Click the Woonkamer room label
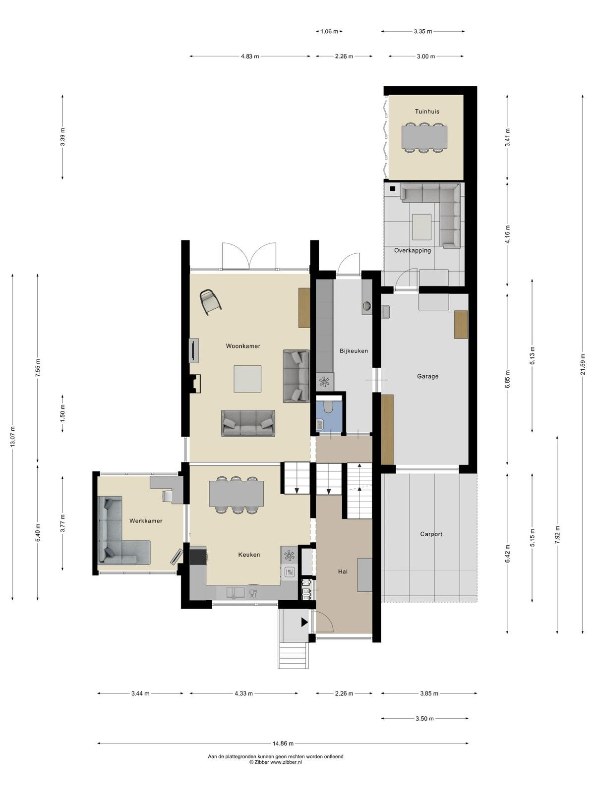[243, 346]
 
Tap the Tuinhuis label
[426, 112]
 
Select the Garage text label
[427, 376]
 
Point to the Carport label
[430, 534]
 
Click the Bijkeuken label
[354, 351]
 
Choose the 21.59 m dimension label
[582, 364]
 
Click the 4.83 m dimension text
[250, 57]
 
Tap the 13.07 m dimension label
[13, 437]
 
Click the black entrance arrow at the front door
[304, 622]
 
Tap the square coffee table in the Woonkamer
[247, 379]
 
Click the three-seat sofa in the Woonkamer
[248, 423]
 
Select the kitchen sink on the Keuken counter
[235, 592]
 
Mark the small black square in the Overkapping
[393, 188]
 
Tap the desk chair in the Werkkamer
[167, 496]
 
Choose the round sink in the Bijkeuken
[367, 306]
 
